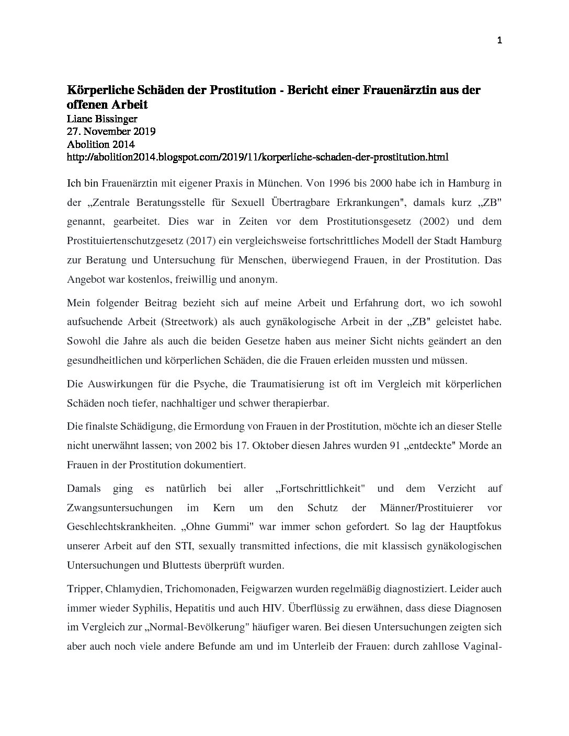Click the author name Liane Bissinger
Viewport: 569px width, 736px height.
click(x=103, y=119)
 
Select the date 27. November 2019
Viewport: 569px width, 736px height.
click(x=111, y=131)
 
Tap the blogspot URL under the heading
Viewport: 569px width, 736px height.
click(x=258, y=157)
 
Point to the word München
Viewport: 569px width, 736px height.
click(x=279, y=183)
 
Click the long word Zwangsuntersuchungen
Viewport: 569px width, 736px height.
click(x=120, y=508)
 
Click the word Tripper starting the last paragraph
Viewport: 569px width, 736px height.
click(x=84, y=589)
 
